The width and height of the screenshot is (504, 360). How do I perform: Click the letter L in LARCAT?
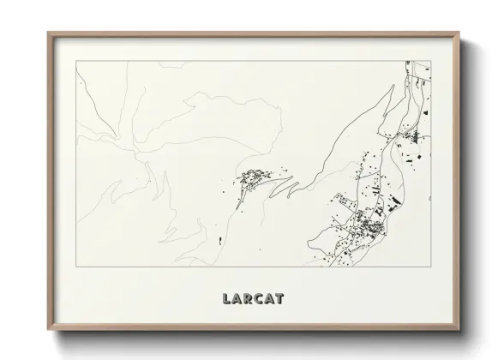coord(226,299)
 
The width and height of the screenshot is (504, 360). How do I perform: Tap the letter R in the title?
coord(247,299)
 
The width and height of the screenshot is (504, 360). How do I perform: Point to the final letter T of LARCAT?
coord(279,299)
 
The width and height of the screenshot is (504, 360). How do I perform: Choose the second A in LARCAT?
coord(268,299)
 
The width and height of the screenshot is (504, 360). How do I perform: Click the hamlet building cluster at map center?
coord(254,178)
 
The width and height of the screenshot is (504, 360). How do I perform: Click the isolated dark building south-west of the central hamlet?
coord(220,241)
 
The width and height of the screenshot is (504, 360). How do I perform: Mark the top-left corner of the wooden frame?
coord(49,33)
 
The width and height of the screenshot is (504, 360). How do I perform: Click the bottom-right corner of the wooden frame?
coord(459,330)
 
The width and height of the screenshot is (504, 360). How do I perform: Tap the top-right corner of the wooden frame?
coord(459,33)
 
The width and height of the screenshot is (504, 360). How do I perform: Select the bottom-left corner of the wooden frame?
coord(49,330)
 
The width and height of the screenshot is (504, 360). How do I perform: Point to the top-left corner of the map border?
coord(76,61)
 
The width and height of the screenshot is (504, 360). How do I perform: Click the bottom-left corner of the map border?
coord(76,267)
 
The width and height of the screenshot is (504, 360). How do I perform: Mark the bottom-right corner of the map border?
coord(431,267)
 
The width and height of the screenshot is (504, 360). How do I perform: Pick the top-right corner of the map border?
coord(431,61)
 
